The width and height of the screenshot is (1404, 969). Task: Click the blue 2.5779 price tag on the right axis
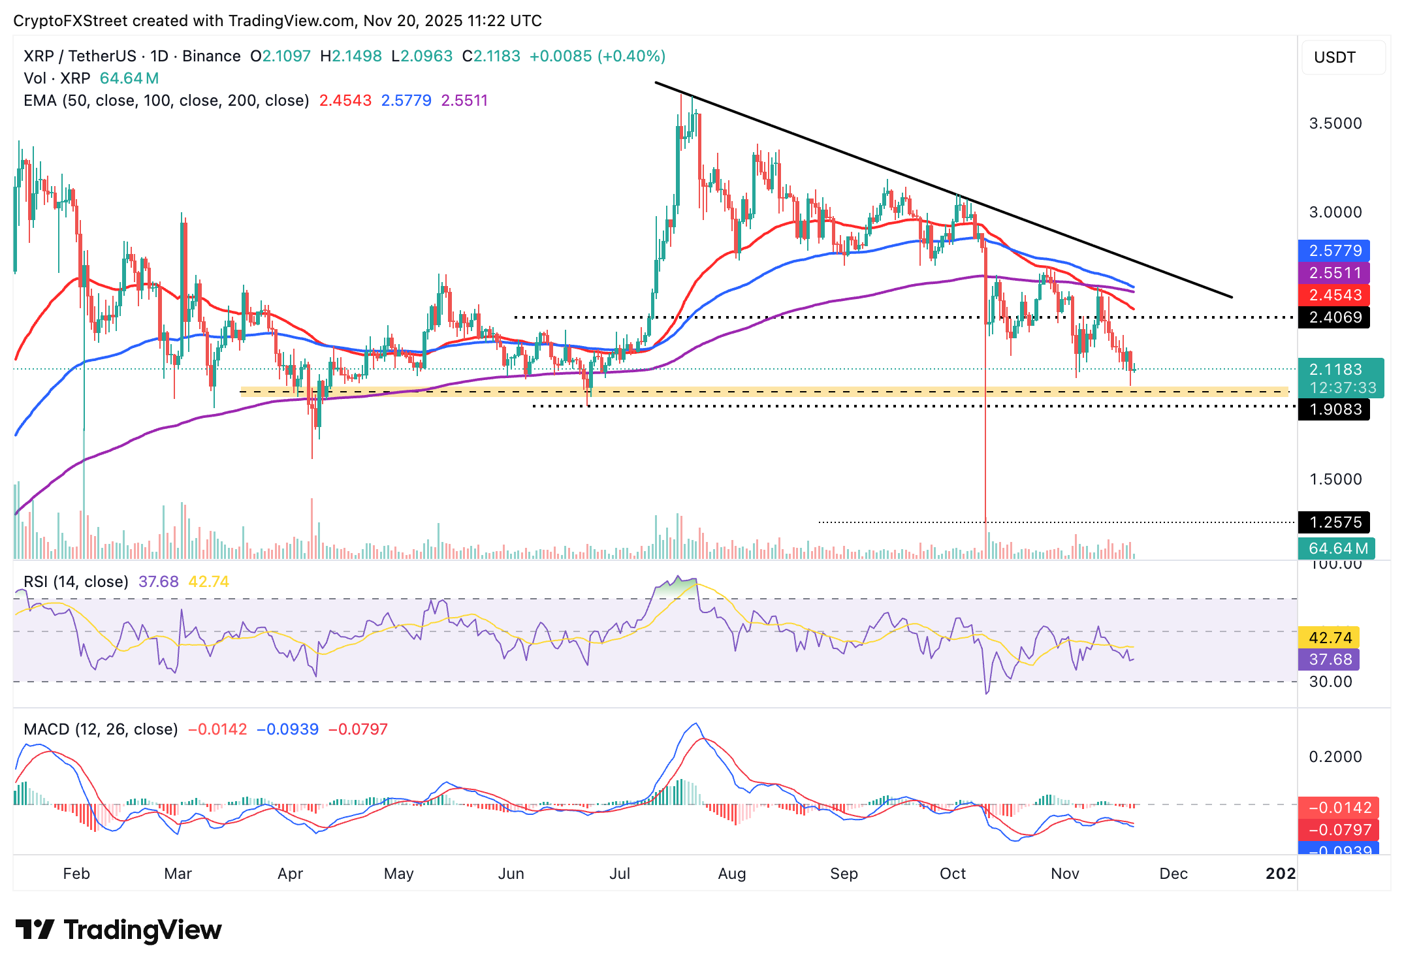click(x=1334, y=251)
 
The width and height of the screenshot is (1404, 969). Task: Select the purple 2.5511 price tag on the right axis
click(x=1334, y=273)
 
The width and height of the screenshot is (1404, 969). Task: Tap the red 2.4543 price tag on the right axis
click(x=1334, y=295)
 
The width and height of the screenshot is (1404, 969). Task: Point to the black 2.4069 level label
click(x=1334, y=317)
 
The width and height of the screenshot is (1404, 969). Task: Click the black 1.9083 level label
click(x=1334, y=409)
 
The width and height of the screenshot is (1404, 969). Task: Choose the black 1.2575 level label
click(x=1334, y=522)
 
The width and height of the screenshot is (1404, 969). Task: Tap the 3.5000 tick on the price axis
click(x=1335, y=123)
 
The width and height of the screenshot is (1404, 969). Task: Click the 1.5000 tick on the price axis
click(x=1335, y=479)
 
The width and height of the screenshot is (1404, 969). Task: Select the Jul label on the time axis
click(x=620, y=874)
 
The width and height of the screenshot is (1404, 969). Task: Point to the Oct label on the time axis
click(x=953, y=874)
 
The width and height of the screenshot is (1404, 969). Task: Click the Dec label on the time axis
click(x=1173, y=874)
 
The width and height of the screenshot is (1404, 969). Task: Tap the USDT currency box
click(x=1343, y=57)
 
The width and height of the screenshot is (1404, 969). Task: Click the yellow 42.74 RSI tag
click(x=1330, y=637)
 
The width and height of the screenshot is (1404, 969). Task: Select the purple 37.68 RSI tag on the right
click(x=1330, y=659)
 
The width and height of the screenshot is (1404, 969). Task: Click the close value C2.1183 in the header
click(x=491, y=56)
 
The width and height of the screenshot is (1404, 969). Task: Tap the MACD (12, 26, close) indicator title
click(x=101, y=729)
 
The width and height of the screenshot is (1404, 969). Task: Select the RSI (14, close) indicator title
click(x=76, y=582)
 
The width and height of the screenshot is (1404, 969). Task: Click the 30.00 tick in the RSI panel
click(x=1330, y=682)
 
